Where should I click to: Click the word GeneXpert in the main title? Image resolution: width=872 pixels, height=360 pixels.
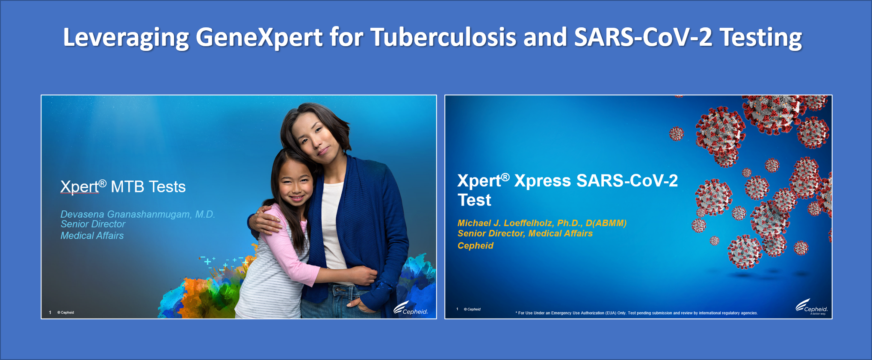click(259, 38)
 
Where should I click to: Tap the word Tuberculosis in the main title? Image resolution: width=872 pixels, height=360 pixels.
click(443, 37)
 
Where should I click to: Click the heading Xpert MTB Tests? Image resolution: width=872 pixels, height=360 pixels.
click(123, 187)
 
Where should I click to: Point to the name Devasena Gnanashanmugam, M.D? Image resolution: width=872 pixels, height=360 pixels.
click(137, 214)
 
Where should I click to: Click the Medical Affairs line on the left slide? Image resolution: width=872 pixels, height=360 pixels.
click(92, 236)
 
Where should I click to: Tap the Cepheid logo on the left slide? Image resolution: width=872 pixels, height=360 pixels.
click(411, 309)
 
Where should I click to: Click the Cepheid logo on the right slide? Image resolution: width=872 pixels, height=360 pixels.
click(812, 307)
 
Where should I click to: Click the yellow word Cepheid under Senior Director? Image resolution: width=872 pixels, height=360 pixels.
click(475, 246)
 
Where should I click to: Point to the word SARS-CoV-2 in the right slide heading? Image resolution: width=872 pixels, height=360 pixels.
click(627, 181)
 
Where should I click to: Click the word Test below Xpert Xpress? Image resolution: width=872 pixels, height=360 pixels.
click(474, 200)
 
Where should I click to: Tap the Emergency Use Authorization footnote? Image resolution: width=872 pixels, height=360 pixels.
click(636, 313)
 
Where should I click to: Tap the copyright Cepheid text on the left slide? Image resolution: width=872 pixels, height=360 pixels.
click(65, 313)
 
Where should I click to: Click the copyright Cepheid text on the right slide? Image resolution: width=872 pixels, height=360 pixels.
click(472, 309)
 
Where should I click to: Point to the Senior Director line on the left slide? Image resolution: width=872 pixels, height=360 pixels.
click(93, 224)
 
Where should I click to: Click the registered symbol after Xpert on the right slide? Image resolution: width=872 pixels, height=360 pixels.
click(505, 177)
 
